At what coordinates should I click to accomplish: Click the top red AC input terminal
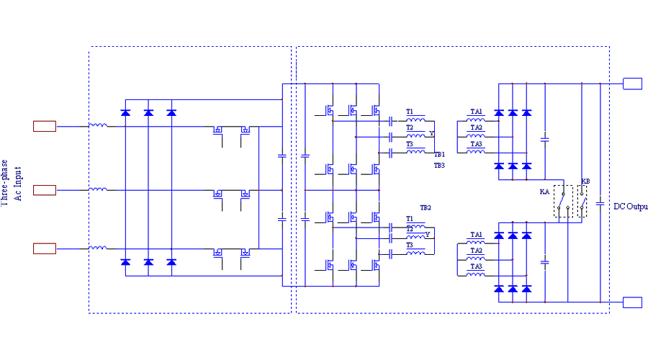click(x=45, y=127)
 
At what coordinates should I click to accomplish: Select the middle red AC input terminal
click(x=45, y=190)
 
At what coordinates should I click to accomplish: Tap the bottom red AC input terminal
click(x=45, y=248)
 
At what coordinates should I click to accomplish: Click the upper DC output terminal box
click(x=632, y=84)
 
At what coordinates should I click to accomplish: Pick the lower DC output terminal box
click(x=632, y=302)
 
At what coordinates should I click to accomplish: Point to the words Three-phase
click(x=5, y=182)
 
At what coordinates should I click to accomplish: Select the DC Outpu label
click(x=630, y=207)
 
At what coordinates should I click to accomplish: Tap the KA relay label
click(x=544, y=192)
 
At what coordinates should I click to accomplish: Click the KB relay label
click(x=585, y=180)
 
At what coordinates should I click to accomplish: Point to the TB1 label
click(x=439, y=154)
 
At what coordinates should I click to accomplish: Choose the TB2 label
click(x=426, y=207)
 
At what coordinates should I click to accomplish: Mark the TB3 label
click(x=439, y=166)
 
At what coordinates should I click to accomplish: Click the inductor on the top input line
click(x=98, y=126)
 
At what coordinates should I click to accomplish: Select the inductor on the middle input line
click(x=98, y=189)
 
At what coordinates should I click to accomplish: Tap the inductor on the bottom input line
click(x=98, y=248)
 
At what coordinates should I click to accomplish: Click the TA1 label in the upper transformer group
click(x=476, y=112)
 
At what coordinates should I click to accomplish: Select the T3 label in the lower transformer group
click(x=410, y=245)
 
